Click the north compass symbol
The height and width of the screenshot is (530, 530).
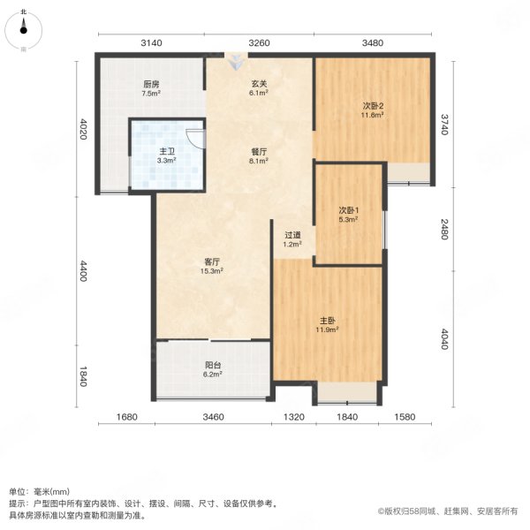click(23, 30)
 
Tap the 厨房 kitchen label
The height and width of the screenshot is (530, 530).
click(150, 85)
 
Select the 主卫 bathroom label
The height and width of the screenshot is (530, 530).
click(166, 152)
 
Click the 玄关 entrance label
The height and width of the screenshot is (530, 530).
click(257, 85)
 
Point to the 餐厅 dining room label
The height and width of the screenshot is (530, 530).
click(257, 152)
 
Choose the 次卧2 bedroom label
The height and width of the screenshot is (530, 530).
click(372, 106)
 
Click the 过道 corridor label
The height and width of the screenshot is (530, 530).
click(291, 234)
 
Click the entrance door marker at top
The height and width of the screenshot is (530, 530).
click(236, 63)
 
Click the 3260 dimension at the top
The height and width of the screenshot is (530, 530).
click(259, 42)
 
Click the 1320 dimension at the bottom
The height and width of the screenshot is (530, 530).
click(293, 417)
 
